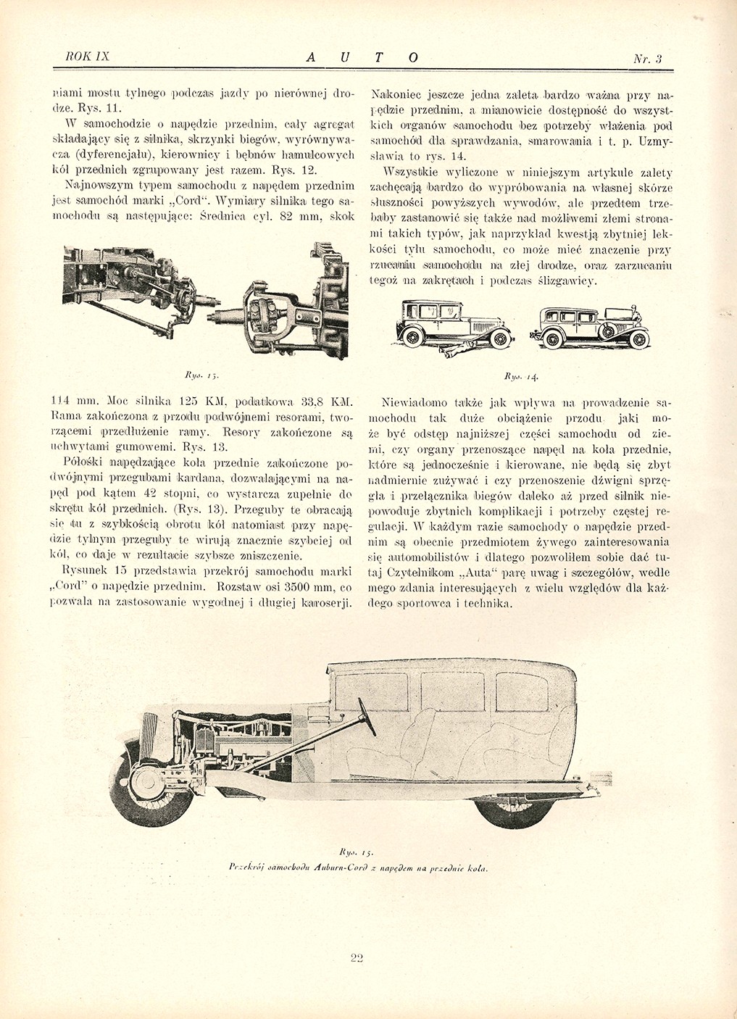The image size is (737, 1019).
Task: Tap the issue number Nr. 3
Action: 648,59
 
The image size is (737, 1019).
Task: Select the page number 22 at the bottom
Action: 356,957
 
